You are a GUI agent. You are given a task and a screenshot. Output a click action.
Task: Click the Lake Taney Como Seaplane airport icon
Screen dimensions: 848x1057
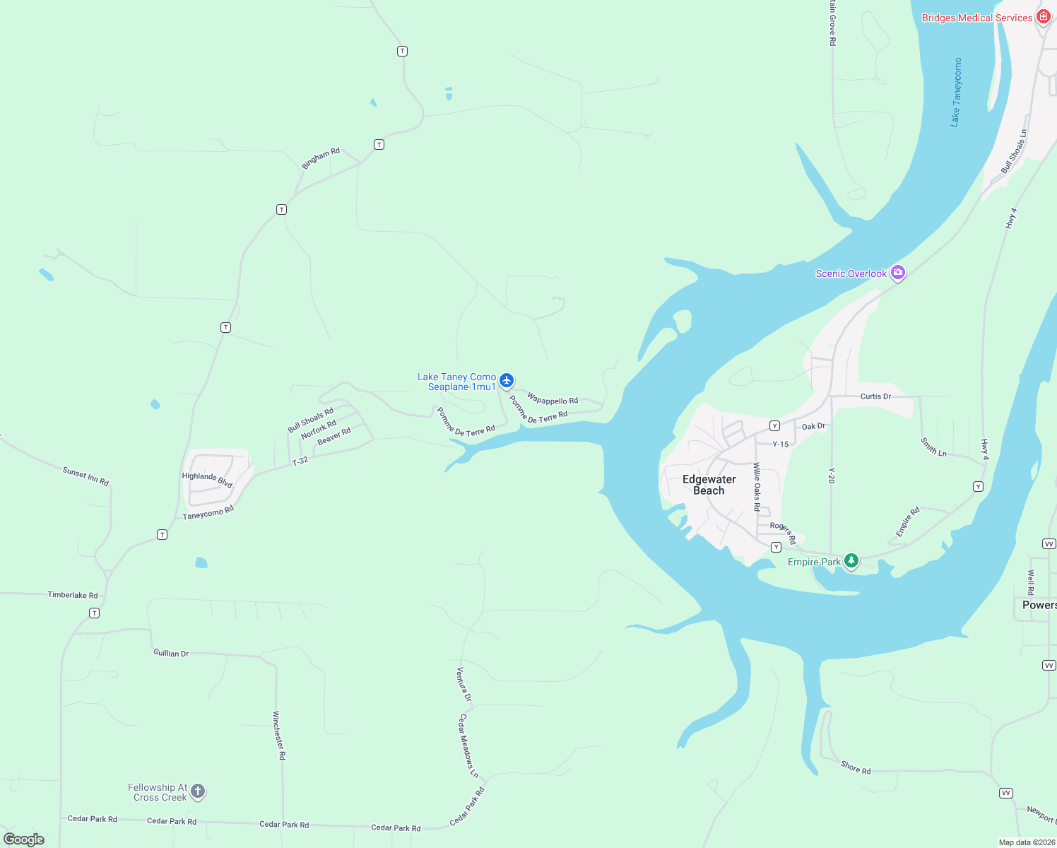pos(506,380)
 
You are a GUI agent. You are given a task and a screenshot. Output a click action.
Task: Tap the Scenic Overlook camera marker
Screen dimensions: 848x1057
pos(897,272)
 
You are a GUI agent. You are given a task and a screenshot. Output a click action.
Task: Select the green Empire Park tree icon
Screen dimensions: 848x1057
pos(851,561)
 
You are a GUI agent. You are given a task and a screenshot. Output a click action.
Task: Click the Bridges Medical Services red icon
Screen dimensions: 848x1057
pos(1044,17)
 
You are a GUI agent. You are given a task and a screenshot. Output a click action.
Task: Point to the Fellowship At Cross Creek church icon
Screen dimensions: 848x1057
pos(198,791)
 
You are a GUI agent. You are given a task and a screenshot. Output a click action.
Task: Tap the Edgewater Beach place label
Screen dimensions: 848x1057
pos(709,485)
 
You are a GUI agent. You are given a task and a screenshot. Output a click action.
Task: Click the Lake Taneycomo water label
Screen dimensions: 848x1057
pos(955,92)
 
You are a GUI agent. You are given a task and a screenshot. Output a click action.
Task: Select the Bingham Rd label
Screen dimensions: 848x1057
pos(321,158)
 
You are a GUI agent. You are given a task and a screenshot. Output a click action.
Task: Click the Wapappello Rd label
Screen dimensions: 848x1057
pos(553,399)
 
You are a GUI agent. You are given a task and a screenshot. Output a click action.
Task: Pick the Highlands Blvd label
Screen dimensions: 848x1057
pos(207,479)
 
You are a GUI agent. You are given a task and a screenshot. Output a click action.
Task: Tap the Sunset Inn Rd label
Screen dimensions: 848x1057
pos(85,476)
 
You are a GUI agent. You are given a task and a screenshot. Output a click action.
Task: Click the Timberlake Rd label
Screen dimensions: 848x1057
pos(73,595)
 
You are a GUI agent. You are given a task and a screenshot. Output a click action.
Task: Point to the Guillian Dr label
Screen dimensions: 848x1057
pos(171,653)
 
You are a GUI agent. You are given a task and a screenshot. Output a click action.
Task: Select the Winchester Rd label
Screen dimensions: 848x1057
pos(279,735)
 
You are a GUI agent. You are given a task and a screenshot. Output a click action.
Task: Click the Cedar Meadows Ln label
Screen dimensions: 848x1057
pos(468,745)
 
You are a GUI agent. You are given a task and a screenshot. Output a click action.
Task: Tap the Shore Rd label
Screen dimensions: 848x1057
pos(856,767)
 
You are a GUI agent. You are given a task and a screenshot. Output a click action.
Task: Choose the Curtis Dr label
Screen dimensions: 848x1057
pos(875,396)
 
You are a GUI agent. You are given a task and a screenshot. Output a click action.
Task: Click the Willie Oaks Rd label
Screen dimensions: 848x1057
pos(756,486)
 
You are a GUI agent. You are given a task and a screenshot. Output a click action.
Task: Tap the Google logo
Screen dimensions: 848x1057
pos(24,839)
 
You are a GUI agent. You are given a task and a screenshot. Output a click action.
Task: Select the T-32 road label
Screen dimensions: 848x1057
pos(300,461)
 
